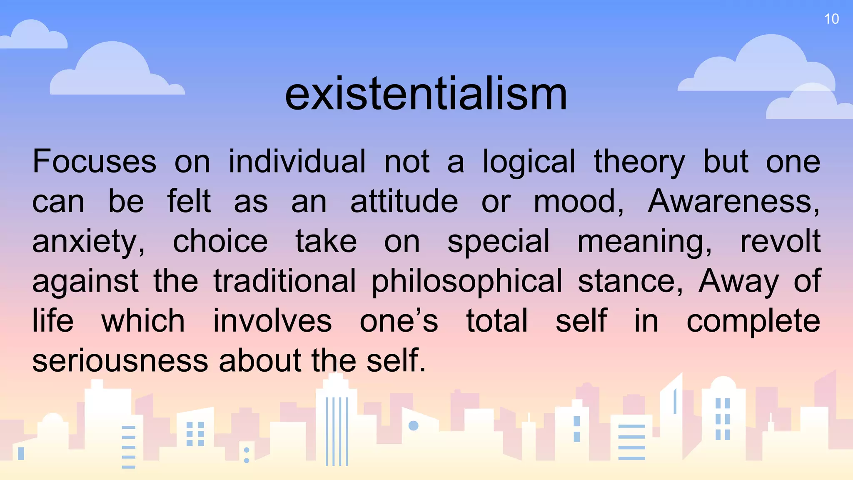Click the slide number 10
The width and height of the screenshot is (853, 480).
coord(831,19)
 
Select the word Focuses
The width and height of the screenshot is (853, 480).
coord(95,162)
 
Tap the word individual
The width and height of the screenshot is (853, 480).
coord(297,162)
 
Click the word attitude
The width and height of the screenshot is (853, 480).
coord(404,202)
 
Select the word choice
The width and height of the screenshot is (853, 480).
coord(220,242)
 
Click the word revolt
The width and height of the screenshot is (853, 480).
coord(780,242)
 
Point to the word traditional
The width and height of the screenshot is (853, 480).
coord(285,281)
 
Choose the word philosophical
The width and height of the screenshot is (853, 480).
coord(467,282)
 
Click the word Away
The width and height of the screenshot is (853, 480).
coord(738,282)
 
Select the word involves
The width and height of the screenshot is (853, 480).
coord(272,321)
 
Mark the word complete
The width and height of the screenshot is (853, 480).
coord(753,322)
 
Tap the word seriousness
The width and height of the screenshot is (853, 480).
coord(120,361)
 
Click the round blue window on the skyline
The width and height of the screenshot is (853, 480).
coord(414,425)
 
